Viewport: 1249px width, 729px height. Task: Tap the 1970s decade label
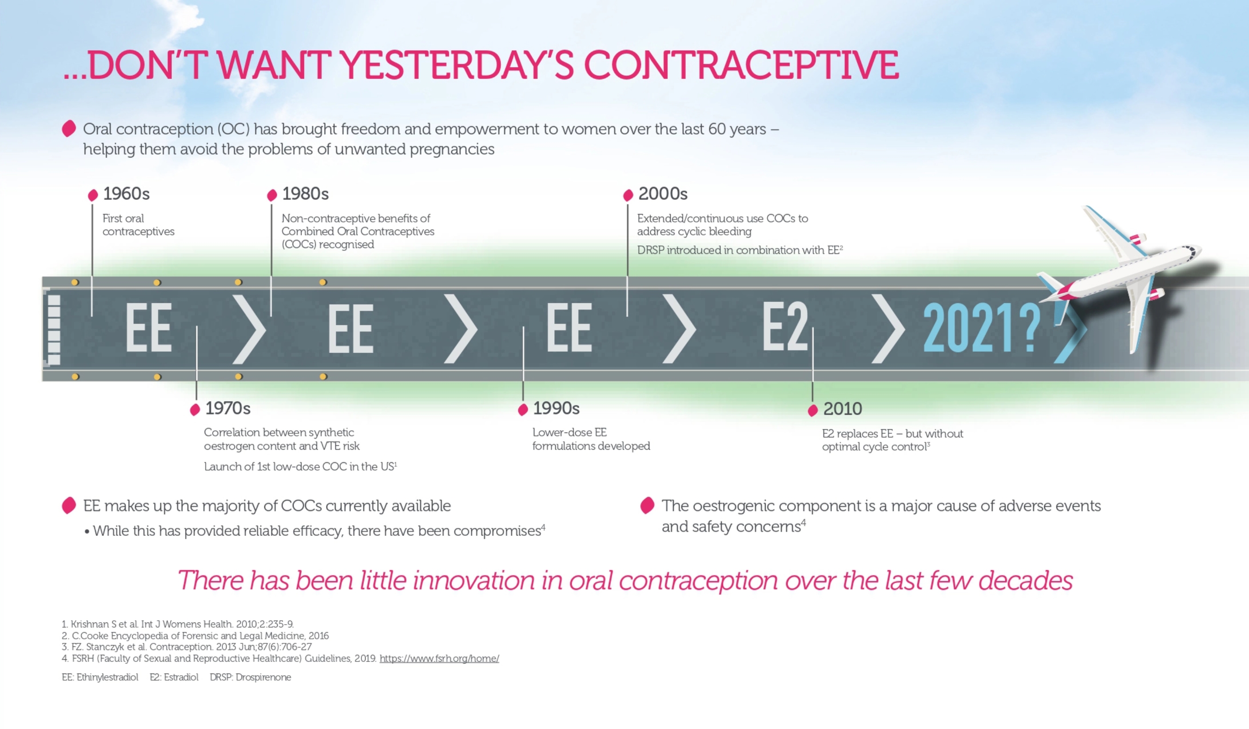[x=227, y=408]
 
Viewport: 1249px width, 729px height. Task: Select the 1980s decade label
[x=305, y=194]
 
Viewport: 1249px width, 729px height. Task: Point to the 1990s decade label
[x=556, y=408]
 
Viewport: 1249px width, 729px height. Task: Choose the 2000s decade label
[x=663, y=194]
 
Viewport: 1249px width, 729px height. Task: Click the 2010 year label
[x=843, y=409]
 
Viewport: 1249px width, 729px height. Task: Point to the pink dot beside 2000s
[x=628, y=195]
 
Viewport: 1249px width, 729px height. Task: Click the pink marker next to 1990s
[x=523, y=409]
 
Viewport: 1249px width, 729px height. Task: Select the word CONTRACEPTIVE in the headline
[x=741, y=65]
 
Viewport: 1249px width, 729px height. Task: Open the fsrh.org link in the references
[x=439, y=658]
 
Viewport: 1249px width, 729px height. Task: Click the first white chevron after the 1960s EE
[x=249, y=329]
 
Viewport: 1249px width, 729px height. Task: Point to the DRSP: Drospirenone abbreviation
[x=251, y=677]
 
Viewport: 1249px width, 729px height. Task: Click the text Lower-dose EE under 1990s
[x=569, y=432]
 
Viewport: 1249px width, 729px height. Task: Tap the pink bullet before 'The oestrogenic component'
[x=647, y=506]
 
